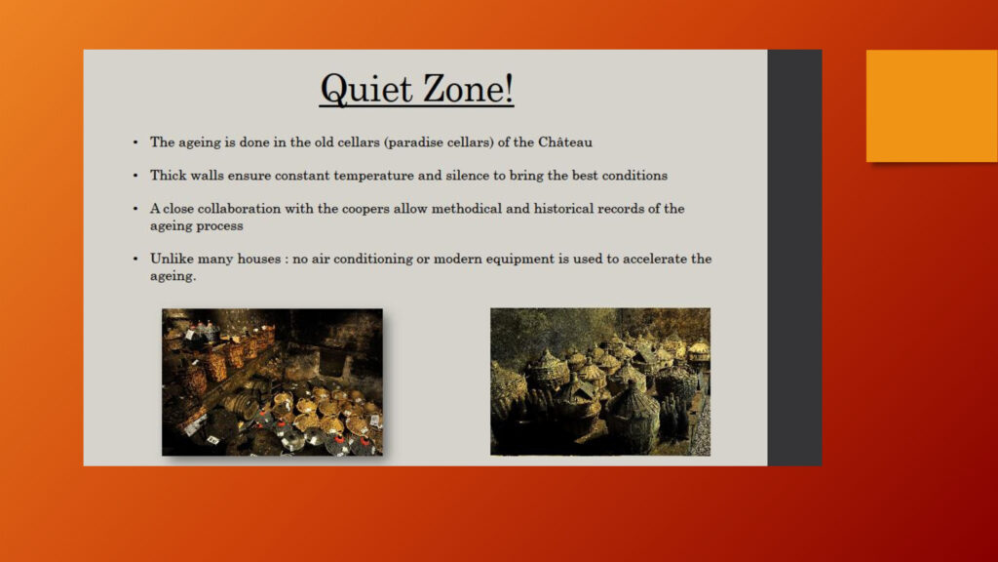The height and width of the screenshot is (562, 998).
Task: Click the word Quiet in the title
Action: click(x=366, y=89)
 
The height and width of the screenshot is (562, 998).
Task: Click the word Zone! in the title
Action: click(x=469, y=88)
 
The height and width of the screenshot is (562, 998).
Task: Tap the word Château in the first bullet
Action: click(x=565, y=141)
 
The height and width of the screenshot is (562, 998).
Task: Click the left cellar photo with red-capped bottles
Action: click(x=273, y=382)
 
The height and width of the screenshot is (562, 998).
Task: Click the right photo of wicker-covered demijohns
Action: click(x=600, y=381)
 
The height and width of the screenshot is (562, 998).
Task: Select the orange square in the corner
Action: click(x=932, y=105)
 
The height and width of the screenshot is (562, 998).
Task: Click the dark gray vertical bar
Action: click(x=794, y=258)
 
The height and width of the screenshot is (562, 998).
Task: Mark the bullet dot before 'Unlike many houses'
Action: click(x=135, y=258)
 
